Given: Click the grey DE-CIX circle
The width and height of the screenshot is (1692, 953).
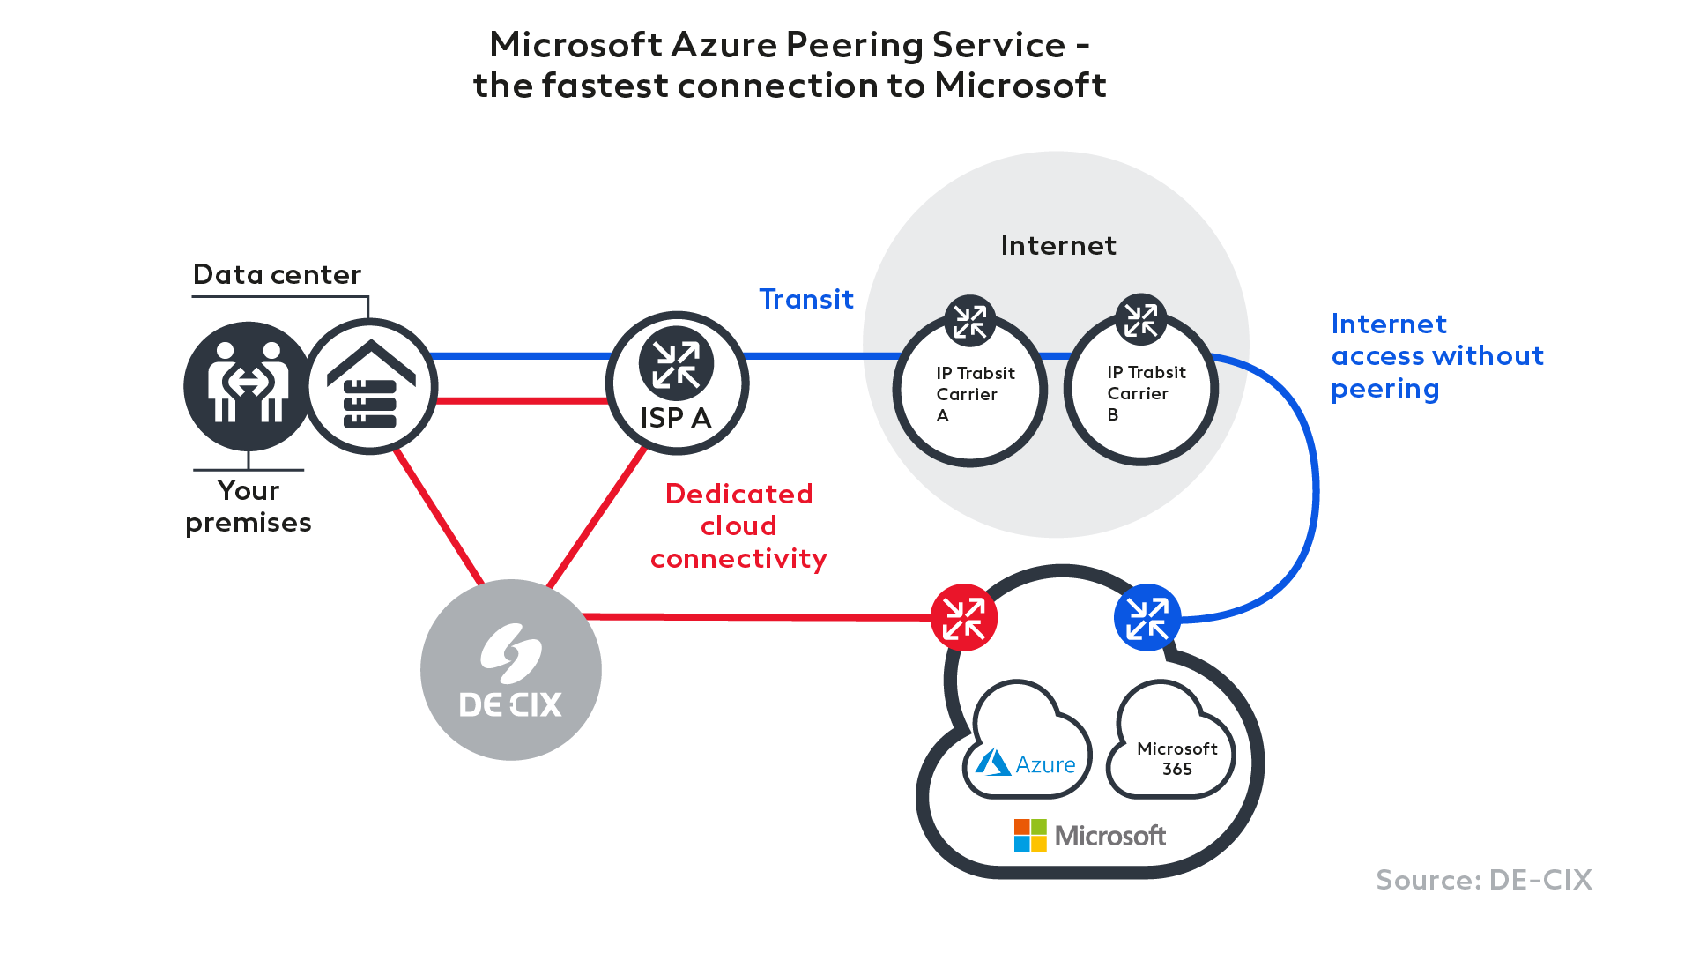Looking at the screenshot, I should tap(510, 670).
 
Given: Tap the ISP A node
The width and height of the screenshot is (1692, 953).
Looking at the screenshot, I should tap(677, 383).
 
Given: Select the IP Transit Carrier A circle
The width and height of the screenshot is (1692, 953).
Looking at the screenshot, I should tap(970, 391).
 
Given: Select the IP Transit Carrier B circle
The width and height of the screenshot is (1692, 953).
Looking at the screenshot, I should tap(1141, 390).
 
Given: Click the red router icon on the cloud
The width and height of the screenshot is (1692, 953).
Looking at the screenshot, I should tap(963, 617).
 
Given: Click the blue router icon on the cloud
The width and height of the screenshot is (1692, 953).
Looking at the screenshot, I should tap(1147, 617).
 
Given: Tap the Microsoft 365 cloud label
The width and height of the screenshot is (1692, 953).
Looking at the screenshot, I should tap(1176, 758).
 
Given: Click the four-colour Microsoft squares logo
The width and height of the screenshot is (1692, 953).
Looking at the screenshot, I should tap(1030, 835).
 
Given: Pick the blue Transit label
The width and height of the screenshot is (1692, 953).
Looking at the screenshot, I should tap(806, 300).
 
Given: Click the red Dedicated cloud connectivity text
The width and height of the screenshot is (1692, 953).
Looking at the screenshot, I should tap(738, 526).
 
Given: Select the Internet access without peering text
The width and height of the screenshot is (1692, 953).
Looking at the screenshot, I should tap(1436, 356).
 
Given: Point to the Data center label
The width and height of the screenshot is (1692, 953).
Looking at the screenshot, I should tap(277, 275).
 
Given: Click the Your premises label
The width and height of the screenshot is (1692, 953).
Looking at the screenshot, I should tap(249, 507).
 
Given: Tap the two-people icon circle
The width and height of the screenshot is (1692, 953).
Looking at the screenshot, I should tap(247, 386).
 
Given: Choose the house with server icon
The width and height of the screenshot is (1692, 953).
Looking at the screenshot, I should tap(371, 386).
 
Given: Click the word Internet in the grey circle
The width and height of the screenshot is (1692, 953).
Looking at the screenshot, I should tap(1057, 245).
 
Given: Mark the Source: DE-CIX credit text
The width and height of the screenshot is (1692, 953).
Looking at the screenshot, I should tap(1484, 880).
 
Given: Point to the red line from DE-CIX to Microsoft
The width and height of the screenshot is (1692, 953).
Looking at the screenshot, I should tap(758, 616).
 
